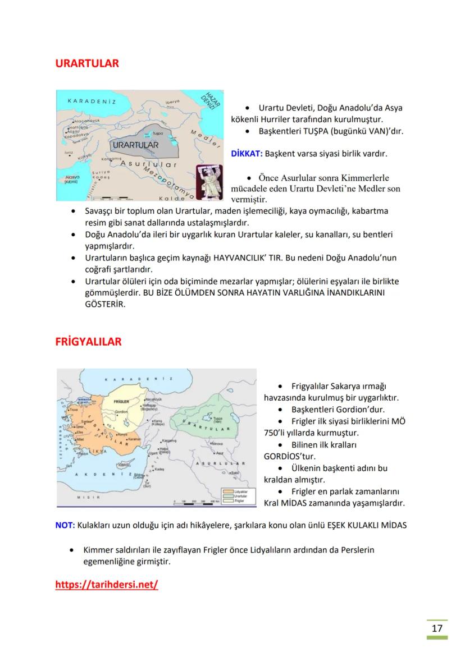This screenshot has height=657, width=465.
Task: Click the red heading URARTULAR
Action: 87,63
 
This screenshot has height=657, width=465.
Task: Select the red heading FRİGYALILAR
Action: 88,342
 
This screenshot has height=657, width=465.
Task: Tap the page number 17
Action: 437,628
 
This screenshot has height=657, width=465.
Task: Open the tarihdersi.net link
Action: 107,585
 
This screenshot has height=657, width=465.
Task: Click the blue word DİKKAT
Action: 247,153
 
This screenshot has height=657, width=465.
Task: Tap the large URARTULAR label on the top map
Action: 135,145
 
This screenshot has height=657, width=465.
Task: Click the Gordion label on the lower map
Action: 121,412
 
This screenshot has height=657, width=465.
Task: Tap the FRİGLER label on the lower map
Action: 121,402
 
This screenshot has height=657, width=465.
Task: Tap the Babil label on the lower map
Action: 235,473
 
